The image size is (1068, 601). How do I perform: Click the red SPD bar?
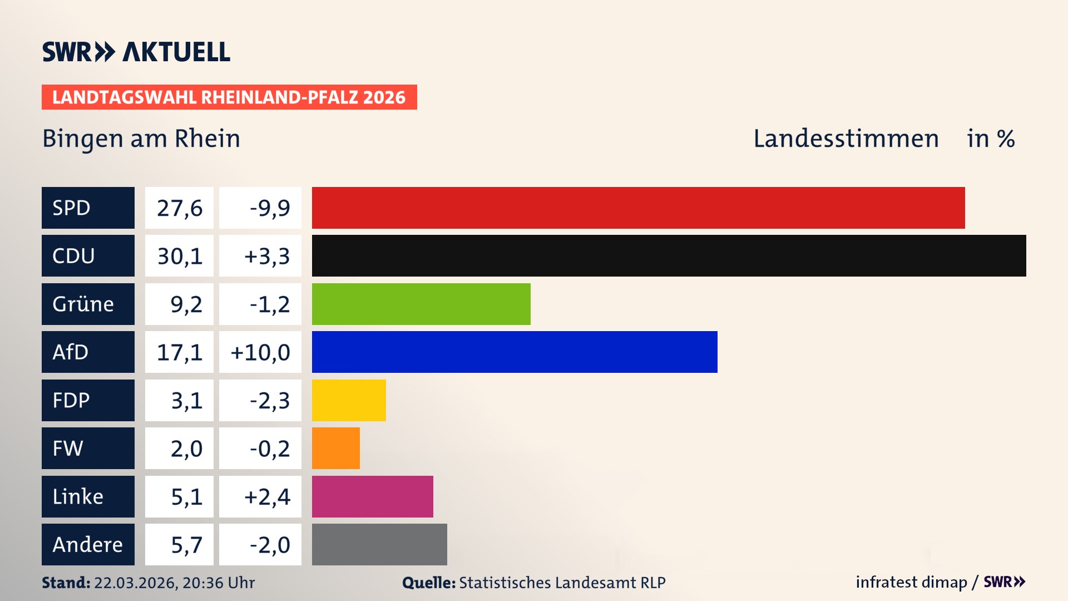[x=638, y=208]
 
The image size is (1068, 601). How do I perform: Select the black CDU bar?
[x=669, y=256]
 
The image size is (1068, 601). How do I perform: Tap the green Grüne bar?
[x=421, y=304]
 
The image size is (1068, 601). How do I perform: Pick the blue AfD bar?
[x=515, y=352]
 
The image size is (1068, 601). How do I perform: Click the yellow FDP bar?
[x=349, y=400]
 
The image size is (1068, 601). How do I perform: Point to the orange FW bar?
[x=336, y=448]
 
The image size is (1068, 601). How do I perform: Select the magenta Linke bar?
[x=373, y=496]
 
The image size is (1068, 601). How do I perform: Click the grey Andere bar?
[x=379, y=544]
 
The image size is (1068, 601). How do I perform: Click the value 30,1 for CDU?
[x=179, y=256]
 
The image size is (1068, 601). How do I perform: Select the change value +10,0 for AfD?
[x=260, y=352]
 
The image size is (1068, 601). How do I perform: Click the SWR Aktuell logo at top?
[x=136, y=52]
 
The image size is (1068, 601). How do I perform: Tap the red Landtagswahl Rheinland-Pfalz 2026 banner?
[x=229, y=97]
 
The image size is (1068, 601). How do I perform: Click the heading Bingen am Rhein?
[x=141, y=139]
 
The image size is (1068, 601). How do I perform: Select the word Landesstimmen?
[x=845, y=139]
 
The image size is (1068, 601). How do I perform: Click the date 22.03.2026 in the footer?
[x=135, y=583]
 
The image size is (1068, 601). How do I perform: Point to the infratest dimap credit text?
[x=911, y=582]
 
